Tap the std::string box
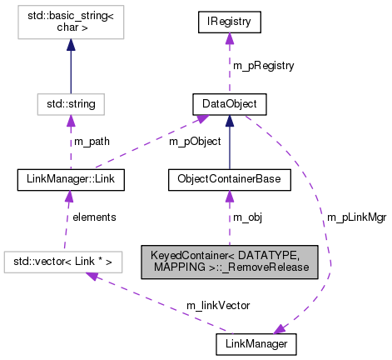(x=70, y=104)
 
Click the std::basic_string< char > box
(x=70, y=31)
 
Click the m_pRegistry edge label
(x=263, y=65)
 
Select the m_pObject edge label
(x=196, y=141)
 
